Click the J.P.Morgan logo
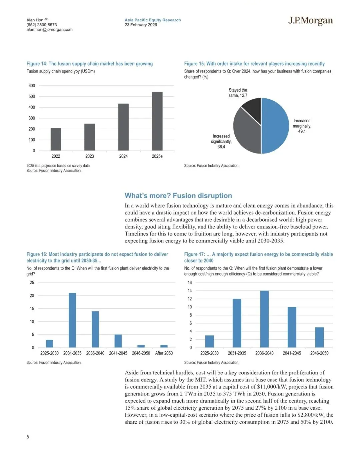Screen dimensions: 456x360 [x=310, y=21]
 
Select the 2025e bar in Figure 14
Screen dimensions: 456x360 [x=157, y=121]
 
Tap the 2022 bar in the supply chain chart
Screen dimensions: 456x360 [x=56, y=139]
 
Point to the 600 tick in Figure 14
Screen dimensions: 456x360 [x=32, y=86]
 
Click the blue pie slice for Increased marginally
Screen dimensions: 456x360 [x=275, y=126]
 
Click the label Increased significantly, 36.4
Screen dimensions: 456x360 [x=221, y=141]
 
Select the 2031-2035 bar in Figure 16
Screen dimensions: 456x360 [x=72, y=320]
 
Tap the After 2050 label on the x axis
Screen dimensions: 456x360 [x=164, y=353]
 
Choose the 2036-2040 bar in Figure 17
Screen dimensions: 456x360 [x=264, y=319]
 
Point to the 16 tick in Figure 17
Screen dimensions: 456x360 [x=190, y=282]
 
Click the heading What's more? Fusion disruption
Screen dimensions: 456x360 [x=178, y=196]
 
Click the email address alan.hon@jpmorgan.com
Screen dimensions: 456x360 [x=49, y=29]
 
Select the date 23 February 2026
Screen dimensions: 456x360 [x=141, y=25]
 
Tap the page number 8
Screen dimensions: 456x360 [x=28, y=437]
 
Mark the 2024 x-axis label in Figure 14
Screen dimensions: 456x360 [x=123, y=156]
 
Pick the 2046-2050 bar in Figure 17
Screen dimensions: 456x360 [x=319, y=337]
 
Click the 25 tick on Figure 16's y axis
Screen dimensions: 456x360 [x=32, y=282]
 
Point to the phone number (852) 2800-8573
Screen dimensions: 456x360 [x=42, y=25]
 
